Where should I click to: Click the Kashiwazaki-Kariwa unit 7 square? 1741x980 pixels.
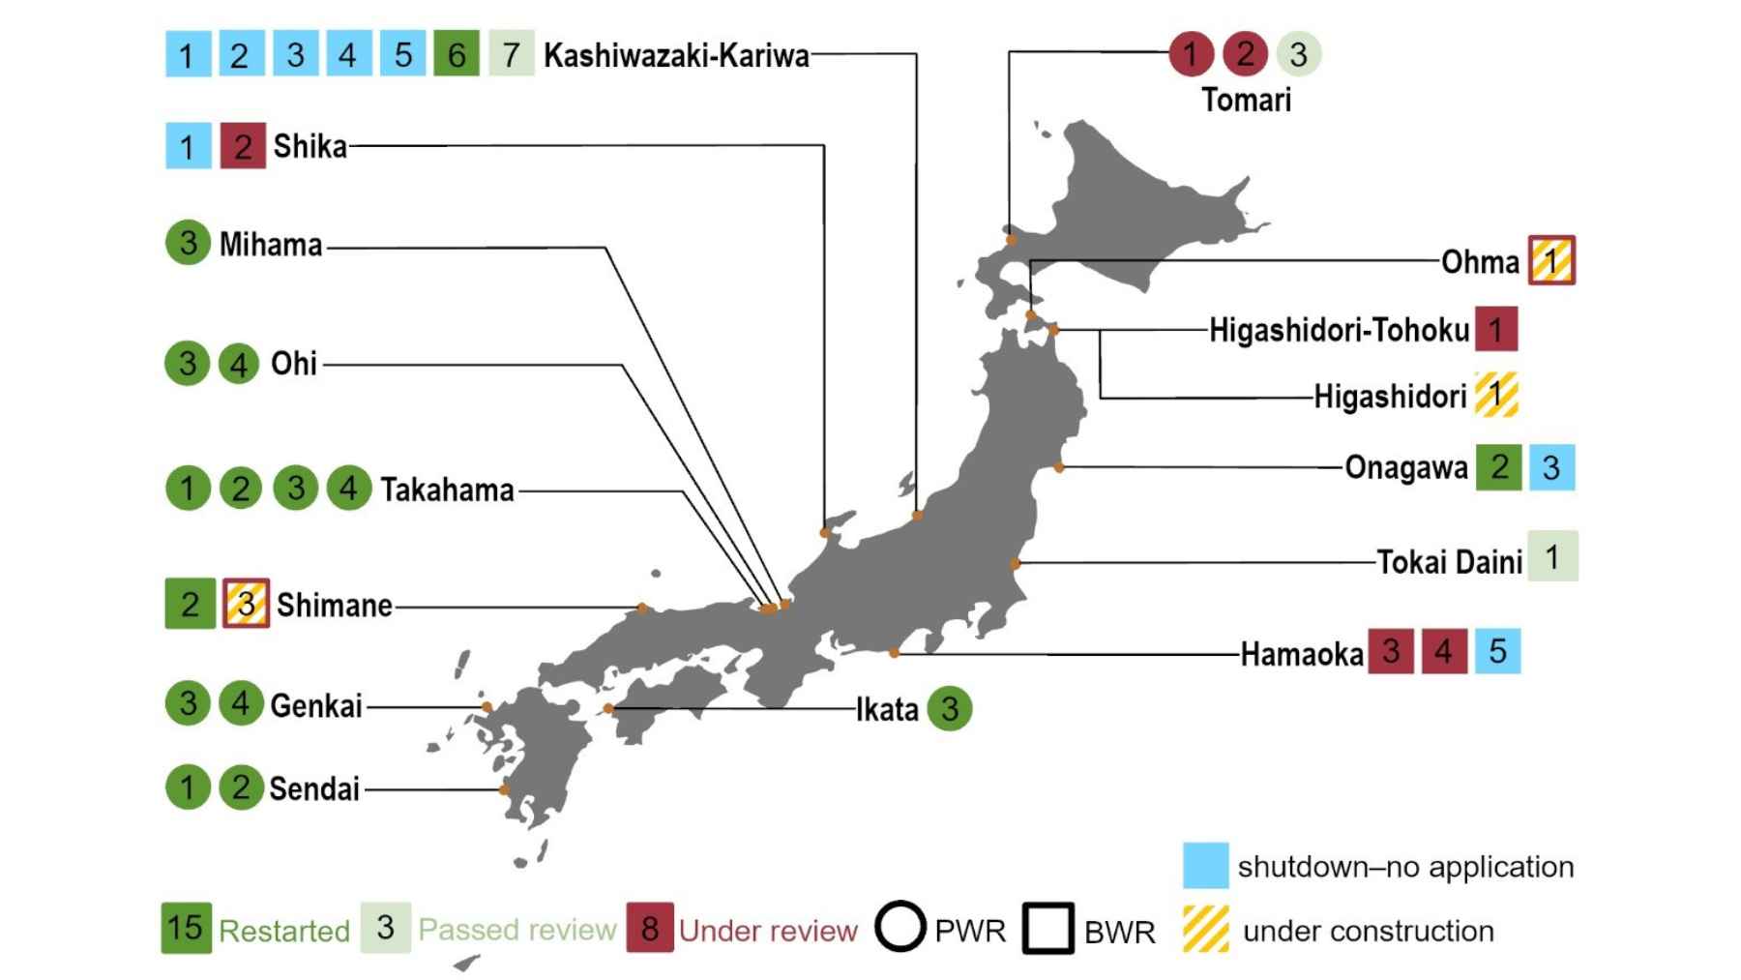click(x=512, y=54)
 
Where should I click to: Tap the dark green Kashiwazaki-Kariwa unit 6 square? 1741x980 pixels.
click(x=457, y=54)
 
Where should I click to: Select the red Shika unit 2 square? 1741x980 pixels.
click(x=243, y=146)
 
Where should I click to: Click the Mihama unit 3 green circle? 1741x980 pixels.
click(x=188, y=243)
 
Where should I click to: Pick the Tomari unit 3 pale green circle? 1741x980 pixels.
click(x=1298, y=53)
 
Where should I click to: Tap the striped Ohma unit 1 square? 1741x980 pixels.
click(x=1551, y=260)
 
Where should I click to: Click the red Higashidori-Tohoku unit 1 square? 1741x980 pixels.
click(x=1496, y=330)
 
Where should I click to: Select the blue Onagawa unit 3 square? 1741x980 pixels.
click(x=1551, y=467)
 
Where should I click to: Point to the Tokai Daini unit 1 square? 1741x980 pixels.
click(x=1552, y=556)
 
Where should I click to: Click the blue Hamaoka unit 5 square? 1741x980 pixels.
click(x=1497, y=651)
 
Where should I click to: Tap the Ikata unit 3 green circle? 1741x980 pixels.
click(x=950, y=708)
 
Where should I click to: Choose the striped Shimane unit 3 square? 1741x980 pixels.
click(x=246, y=604)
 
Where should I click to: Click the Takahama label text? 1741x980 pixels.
click(x=447, y=490)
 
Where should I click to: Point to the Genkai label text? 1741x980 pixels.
click(x=316, y=705)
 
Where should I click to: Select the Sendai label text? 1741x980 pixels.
click(x=314, y=788)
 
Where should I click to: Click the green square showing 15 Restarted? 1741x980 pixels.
click(x=186, y=928)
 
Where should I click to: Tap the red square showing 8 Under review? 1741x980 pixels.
click(x=650, y=928)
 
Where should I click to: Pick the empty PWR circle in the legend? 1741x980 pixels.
click(x=900, y=927)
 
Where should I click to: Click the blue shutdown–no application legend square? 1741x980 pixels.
click(x=1205, y=866)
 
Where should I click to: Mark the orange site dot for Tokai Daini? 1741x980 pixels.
click(x=1015, y=564)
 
